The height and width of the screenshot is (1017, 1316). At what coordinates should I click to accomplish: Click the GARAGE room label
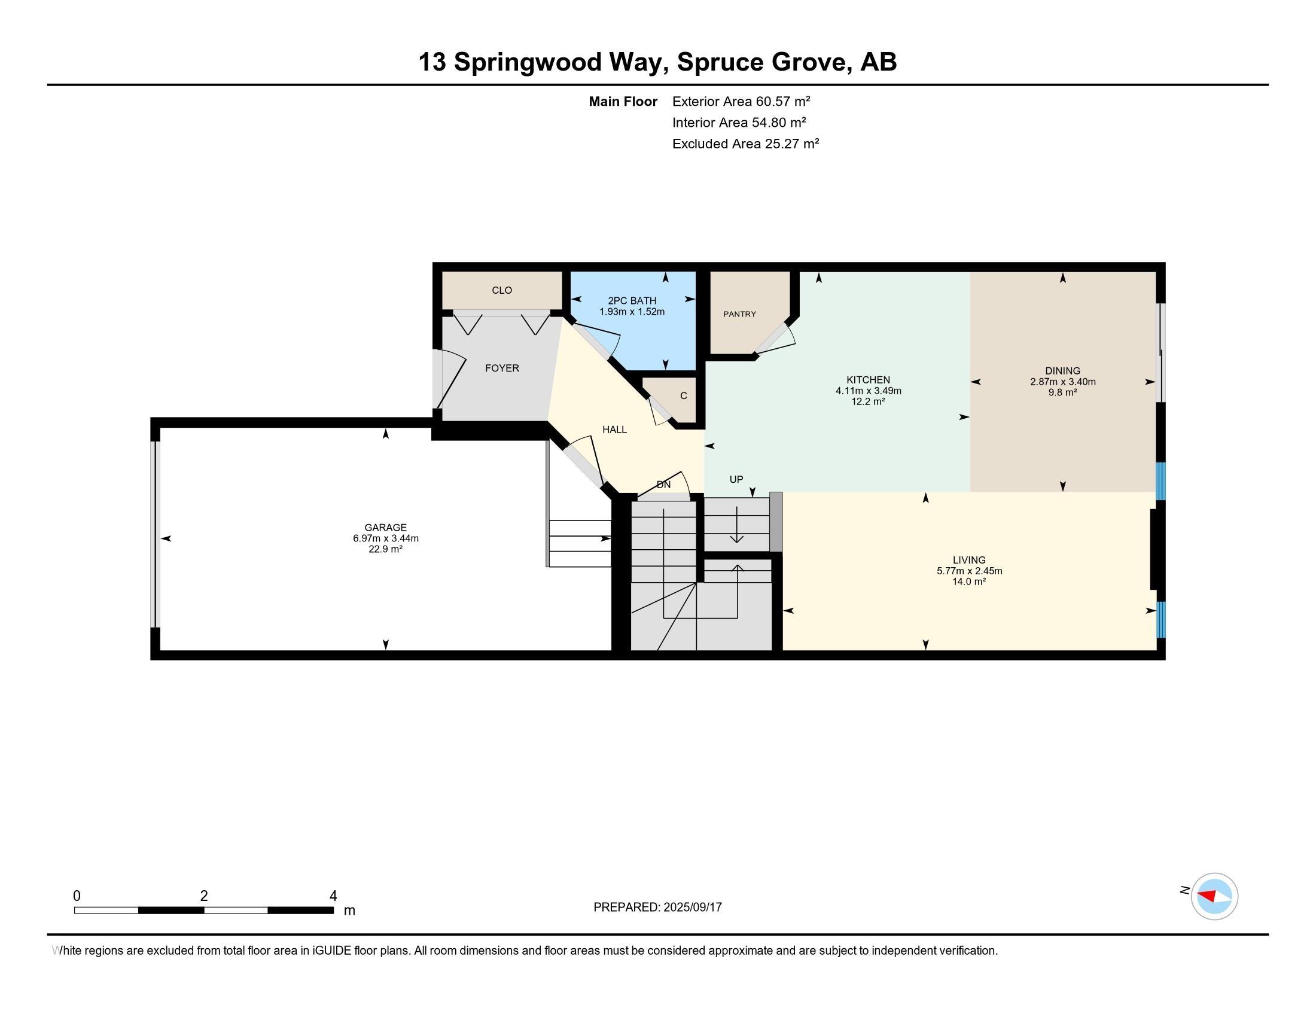386,527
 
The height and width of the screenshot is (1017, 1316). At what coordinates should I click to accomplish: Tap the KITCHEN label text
869,379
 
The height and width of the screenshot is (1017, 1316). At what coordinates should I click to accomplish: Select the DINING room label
1063,371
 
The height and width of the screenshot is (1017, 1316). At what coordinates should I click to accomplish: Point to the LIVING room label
969,561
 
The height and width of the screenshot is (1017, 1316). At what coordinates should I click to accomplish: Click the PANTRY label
739,314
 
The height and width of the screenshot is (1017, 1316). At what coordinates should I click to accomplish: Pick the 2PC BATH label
632,301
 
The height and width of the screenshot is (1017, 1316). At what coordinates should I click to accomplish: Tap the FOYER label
502,368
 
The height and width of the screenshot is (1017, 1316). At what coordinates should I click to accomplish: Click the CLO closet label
502,290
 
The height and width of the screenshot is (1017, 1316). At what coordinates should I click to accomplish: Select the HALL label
614,430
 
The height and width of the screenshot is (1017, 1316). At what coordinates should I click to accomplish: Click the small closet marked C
683,396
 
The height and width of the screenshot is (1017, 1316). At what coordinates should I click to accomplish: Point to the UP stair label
736,479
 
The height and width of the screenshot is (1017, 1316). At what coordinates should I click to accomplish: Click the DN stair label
663,485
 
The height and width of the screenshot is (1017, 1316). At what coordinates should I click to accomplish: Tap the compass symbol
1214,896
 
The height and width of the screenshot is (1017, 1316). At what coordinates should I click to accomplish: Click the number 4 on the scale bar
333,896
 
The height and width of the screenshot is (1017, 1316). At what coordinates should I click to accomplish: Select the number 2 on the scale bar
204,896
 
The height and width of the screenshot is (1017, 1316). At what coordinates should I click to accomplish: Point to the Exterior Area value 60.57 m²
783,101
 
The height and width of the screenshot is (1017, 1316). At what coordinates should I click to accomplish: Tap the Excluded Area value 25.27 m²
792,144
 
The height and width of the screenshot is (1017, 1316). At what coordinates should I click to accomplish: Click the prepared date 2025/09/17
692,908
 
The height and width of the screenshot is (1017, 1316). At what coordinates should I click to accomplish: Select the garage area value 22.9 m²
386,549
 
